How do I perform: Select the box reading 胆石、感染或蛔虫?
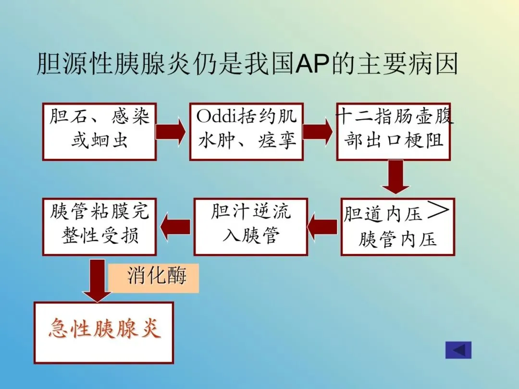coord(99,131)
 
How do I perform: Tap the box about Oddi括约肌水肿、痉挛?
coord(247,131)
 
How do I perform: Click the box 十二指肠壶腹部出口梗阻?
coord(393,131)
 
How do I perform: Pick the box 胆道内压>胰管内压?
coord(397,227)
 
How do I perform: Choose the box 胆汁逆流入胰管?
coord(250,227)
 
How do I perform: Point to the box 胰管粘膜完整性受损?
coord(99,227)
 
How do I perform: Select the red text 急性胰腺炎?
coord(104,329)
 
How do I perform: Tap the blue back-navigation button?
coord(458,350)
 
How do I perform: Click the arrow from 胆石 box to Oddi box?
coord(171,131)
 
